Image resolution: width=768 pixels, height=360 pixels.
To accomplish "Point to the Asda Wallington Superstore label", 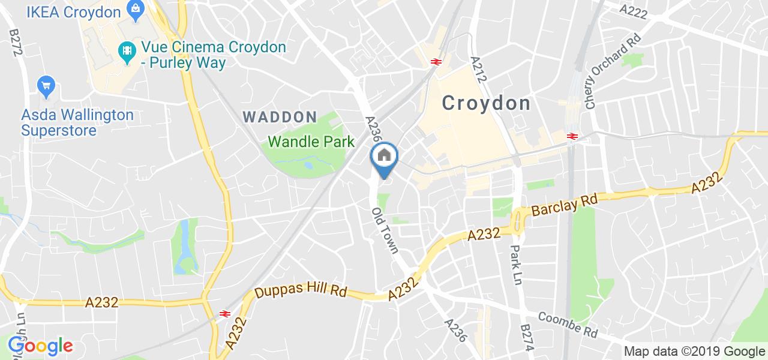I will click(77, 122).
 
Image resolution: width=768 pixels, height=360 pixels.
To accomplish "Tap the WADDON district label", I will click(280, 117).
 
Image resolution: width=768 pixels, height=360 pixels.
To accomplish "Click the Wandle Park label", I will click(311, 142).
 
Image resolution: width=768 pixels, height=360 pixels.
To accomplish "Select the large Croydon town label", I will click(487, 103).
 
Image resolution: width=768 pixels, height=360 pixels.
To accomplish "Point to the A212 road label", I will click(478, 70).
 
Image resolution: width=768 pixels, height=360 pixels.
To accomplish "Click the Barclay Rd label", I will click(564, 207).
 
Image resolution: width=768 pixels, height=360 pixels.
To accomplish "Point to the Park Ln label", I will click(517, 265).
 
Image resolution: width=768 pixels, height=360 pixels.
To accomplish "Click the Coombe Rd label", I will click(568, 324).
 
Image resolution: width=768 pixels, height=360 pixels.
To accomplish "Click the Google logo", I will click(40, 346).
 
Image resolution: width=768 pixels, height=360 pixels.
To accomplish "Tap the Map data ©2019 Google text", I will click(694, 351).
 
